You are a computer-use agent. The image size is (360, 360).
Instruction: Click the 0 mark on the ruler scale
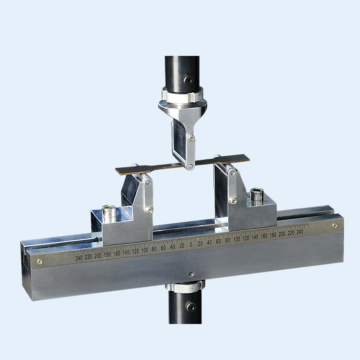click(191, 245)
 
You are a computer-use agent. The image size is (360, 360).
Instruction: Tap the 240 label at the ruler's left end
click(79, 258)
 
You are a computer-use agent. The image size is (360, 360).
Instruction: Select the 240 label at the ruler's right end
click(300, 232)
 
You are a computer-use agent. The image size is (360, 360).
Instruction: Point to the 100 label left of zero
click(145, 250)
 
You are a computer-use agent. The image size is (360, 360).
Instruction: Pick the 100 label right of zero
click(237, 239)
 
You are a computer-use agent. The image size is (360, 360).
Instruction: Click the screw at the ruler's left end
click(40, 262)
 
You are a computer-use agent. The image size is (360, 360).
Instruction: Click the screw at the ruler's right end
click(335, 226)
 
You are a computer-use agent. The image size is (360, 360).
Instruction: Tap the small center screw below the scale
click(191, 274)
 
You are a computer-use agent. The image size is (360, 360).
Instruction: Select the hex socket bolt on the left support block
click(109, 214)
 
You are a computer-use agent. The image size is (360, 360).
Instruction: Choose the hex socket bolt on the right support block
click(257, 197)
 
